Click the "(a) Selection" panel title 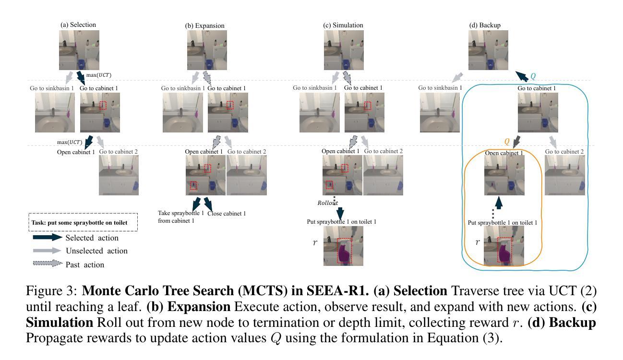click(x=78, y=24)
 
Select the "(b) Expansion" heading click(x=205, y=25)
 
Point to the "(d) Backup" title click(x=484, y=25)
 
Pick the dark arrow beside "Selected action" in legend click(x=48, y=238)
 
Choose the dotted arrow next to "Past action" click(x=48, y=264)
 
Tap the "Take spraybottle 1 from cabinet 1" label click(x=177, y=217)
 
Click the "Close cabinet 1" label click(x=227, y=214)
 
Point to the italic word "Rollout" click(x=328, y=203)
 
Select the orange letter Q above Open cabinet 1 click(x=506, y=142)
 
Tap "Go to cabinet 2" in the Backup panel click(x=564, y=152)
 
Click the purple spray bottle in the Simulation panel click(x=344, y=252)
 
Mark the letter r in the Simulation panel click(x=315, y=243)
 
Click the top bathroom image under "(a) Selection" click(x=79, y=51)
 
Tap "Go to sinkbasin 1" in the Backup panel click(x=440, y=88)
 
